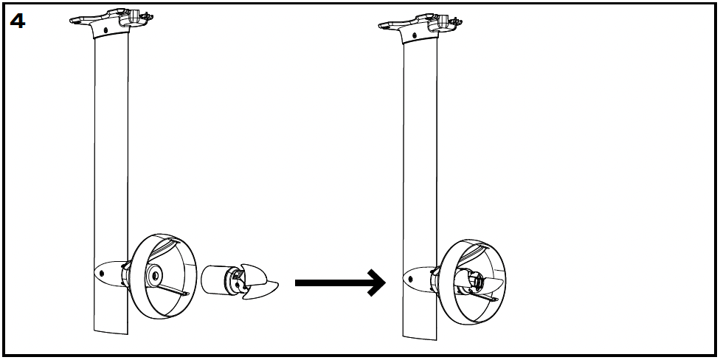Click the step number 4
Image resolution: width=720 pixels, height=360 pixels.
click(17, 21)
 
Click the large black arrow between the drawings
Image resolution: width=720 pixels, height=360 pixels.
click(339, 283)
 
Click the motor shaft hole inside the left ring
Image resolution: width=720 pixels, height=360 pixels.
click(156, 276)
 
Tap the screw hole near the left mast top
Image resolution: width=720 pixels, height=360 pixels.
click(105, 30)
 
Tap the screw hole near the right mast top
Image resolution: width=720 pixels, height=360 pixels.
click(414, 34)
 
